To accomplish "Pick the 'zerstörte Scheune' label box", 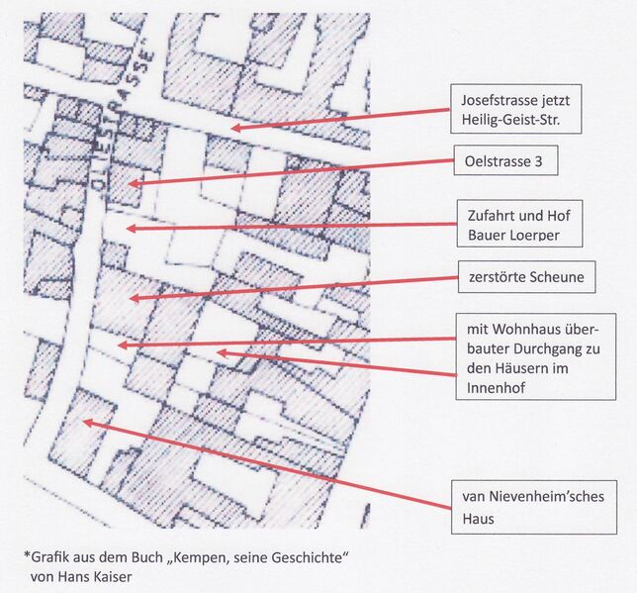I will (526, 278).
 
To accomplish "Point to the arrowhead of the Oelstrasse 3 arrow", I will (132, 183).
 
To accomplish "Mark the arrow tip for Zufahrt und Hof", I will (127, 229).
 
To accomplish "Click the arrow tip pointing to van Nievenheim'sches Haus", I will (85, 422).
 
